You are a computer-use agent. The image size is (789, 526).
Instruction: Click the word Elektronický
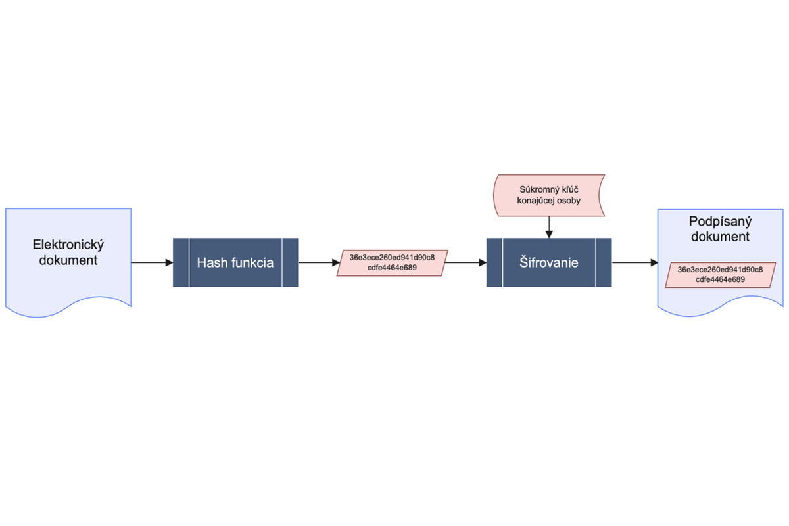[68, 245]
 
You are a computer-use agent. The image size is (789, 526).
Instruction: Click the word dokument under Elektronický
[68, 260]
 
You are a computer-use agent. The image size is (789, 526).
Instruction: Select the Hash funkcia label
[235, 263]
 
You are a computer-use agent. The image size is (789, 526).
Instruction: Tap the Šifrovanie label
[549, 263]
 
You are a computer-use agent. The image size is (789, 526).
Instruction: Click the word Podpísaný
[720, 222]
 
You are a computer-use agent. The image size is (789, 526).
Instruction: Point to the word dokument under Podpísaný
[720, 237]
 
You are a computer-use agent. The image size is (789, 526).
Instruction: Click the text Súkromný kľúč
[549, 189]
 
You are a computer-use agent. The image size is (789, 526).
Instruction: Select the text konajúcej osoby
[549, 201]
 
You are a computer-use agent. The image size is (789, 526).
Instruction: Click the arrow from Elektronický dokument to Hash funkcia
[152, 262]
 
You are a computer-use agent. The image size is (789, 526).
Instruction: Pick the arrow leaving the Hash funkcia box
[319, 262]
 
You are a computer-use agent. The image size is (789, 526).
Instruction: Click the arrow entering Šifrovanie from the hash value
[466, 262]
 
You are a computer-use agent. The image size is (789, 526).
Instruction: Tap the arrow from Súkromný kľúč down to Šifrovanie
[549, 227]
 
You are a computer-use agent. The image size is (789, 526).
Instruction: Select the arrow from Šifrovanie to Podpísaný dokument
[634, 262]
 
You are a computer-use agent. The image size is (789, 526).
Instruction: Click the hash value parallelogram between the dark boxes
[393, 263]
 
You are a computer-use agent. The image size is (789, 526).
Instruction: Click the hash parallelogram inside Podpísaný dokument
[721, 275]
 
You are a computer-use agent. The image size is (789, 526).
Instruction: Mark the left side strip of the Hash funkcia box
[181, 262]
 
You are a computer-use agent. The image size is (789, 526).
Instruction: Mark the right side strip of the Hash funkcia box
[290, 262]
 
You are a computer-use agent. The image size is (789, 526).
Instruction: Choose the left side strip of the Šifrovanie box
[494, 262]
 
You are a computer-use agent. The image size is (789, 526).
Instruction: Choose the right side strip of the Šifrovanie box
[604, 262]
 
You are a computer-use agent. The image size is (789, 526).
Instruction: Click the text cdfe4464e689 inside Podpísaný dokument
[721, 279]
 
